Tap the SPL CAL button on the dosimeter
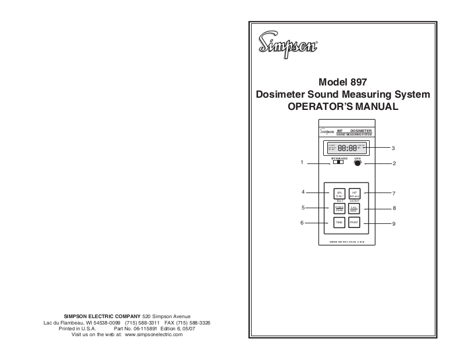338,194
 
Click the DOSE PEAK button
338,208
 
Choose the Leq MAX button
355,208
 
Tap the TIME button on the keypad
338,223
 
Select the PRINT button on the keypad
355,223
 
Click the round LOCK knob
357,163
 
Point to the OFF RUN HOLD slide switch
337,163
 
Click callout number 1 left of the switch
302,163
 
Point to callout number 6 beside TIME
302,223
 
